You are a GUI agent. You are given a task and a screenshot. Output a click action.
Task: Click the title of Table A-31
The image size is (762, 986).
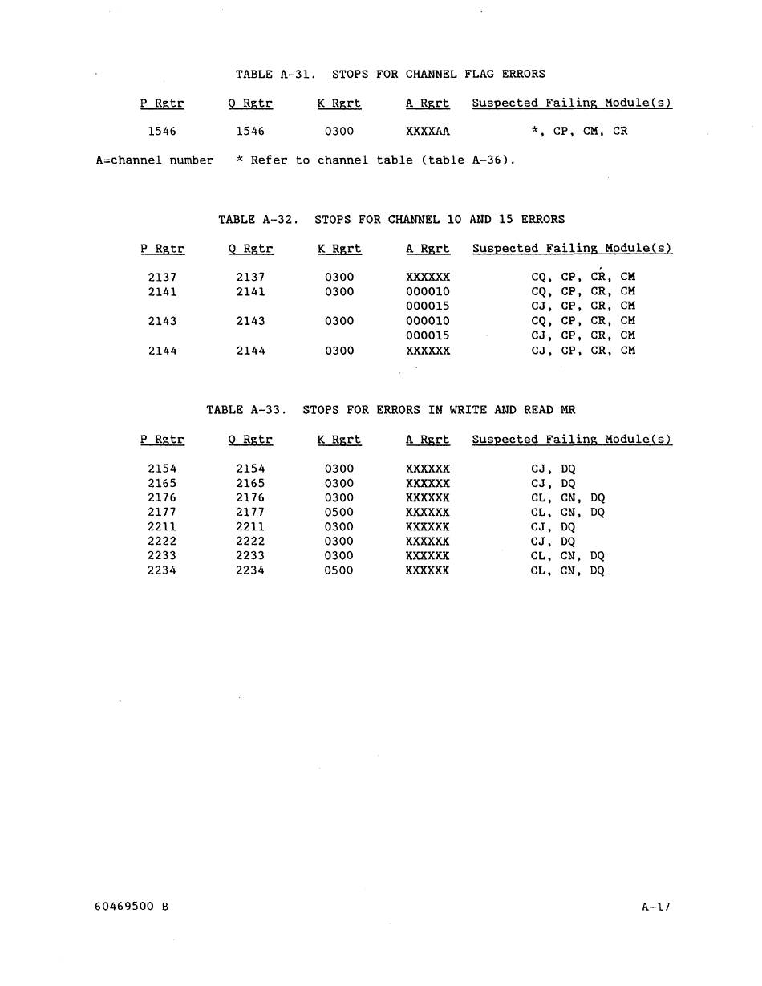click(x=390, y=74)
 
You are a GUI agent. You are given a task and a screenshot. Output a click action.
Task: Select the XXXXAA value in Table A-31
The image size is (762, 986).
click(x=428, y=132)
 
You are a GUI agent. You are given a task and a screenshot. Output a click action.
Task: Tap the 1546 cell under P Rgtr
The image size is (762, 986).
click(x=162, y=132)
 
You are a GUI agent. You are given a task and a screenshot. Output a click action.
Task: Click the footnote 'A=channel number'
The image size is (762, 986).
click(x=155, y=160)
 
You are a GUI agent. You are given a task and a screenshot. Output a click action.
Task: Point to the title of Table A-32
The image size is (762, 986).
click(x=391, y=219)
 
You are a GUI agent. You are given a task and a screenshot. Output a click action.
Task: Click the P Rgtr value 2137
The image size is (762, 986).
click(x=162, y=277)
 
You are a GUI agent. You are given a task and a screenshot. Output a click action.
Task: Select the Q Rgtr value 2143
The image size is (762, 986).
click(x=250, y=321)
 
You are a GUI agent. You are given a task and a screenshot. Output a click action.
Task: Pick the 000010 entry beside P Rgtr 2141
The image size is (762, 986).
click(x=428, y=292)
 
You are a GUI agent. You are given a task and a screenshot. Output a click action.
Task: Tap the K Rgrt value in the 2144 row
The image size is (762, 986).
click(x=339, y=351)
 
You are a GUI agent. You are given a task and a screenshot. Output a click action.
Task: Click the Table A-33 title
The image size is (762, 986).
click(x=391, y=410)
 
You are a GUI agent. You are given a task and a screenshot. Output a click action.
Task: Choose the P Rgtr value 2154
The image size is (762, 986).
click(x=162, y=469)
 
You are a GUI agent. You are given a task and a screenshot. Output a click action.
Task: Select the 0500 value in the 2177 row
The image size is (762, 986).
click(x=339, y=512)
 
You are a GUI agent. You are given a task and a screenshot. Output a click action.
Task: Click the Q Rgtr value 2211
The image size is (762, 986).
click(x=250, y=527)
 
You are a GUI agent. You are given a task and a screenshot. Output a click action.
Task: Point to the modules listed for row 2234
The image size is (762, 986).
click(x=567, y=571)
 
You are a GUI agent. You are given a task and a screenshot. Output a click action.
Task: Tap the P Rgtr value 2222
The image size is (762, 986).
click(x=162, y=542)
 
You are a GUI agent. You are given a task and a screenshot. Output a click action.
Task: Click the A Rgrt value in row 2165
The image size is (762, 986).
click(x=428, y=484)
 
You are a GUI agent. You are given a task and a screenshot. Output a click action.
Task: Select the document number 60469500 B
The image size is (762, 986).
click(x=132, y=907)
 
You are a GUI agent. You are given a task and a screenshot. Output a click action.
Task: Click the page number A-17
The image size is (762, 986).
click(x=655, y=907)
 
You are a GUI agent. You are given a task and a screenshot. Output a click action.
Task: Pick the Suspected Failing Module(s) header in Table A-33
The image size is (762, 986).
click(x=571, y=440)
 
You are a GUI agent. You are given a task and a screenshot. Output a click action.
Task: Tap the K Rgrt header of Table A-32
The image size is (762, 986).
click(x=339, y=249)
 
